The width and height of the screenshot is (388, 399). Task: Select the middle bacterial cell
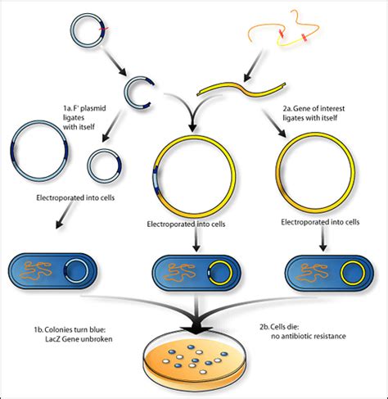pyautogui.click(x=194, y=270)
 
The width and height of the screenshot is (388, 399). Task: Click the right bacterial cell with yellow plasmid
pyautogui.click(x=327, y=270)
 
